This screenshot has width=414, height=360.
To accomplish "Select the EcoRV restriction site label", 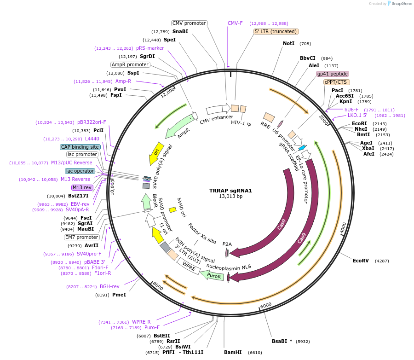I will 361,261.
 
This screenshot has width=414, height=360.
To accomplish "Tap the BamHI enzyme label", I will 232,352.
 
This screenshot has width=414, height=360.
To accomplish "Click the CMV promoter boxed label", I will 189,23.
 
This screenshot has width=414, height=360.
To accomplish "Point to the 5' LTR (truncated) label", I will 276,31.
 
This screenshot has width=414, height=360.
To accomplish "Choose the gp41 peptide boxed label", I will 332,74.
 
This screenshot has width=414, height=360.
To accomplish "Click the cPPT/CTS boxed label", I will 335,82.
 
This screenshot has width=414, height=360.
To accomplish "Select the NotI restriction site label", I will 288,43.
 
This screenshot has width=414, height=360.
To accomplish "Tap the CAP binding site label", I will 80,147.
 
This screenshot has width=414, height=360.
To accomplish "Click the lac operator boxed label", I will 80,171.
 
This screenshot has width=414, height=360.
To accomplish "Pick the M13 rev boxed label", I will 82,187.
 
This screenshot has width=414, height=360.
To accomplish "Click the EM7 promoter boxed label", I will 81,237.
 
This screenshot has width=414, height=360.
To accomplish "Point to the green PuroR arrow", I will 213,276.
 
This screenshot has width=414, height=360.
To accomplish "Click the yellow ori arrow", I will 156,152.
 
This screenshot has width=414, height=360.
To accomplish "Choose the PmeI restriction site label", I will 119,295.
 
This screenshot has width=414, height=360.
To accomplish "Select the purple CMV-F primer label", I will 235,23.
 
